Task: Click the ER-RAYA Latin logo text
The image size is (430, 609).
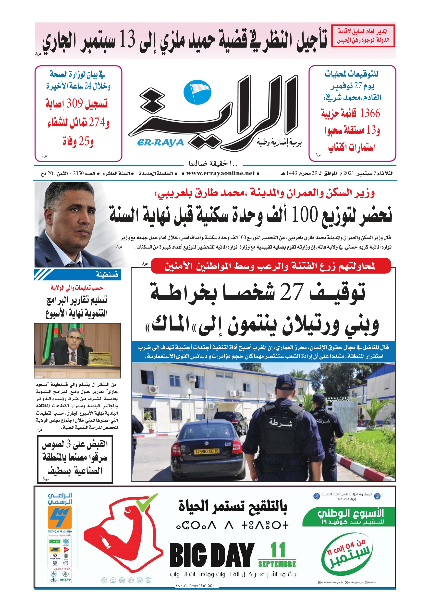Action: click(160, 143)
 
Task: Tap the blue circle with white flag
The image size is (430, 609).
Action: click(197, 92)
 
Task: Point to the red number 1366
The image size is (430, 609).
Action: click(370, 113)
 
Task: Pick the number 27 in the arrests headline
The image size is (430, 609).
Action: click(292, 292)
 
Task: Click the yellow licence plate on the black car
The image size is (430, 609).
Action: click(207, 451)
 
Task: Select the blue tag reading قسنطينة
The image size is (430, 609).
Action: click(107, 274)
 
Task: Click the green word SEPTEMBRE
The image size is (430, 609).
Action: click(277, 564)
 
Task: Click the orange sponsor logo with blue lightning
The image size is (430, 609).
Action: click(60, 517)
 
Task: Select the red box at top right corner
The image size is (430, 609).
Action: click(363, 36)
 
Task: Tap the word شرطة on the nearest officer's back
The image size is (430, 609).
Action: click(281, 422)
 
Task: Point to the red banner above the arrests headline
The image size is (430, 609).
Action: click(270, 266)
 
